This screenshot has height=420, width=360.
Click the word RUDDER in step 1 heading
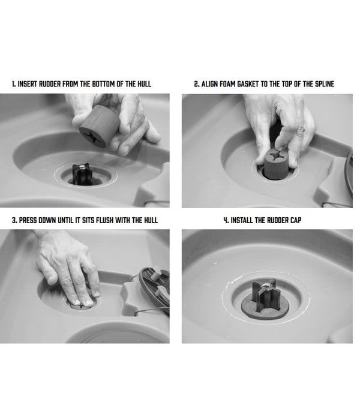50,84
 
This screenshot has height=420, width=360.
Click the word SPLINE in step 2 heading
325,84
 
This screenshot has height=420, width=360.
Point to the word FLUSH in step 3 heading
105,220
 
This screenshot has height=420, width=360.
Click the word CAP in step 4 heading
296,220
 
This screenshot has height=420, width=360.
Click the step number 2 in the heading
196,84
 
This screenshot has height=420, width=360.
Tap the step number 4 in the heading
226,220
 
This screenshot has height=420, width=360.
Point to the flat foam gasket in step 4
265,308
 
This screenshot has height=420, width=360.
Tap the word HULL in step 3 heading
151,220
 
